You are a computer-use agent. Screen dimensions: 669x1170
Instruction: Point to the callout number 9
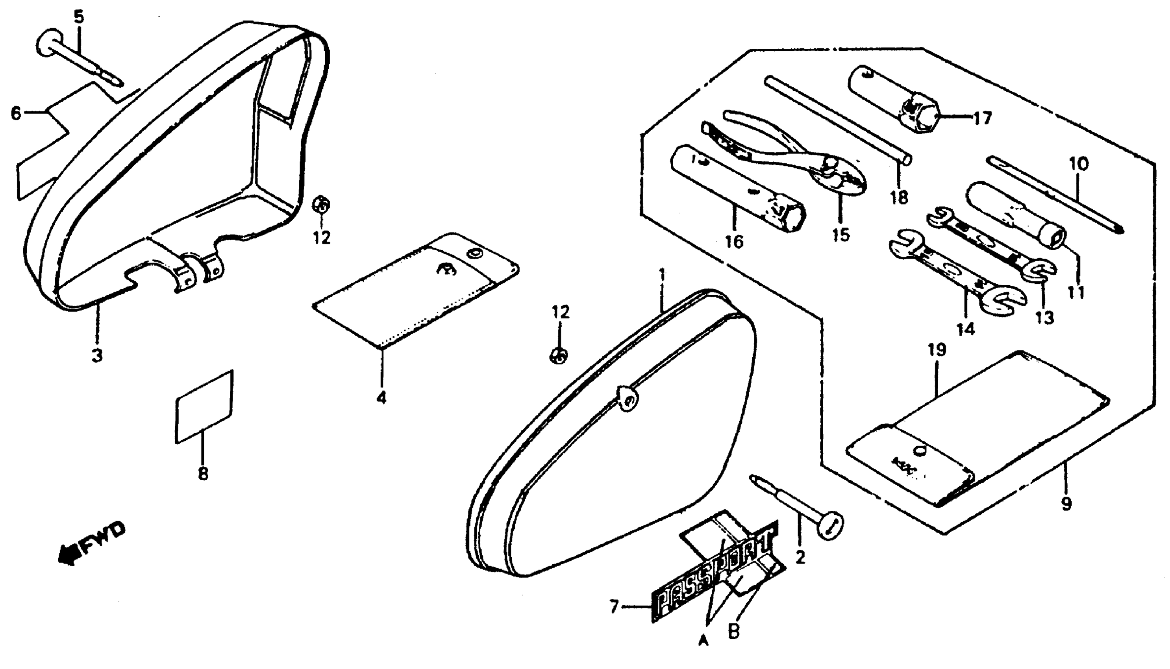point(1066,503)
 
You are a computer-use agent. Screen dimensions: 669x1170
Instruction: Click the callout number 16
point(733,241)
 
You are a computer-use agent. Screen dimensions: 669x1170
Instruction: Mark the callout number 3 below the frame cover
point(97,355)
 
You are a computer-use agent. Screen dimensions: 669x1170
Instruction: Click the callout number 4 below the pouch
point(381,397)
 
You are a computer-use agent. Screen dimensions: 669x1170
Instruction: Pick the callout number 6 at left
point(16,113)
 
